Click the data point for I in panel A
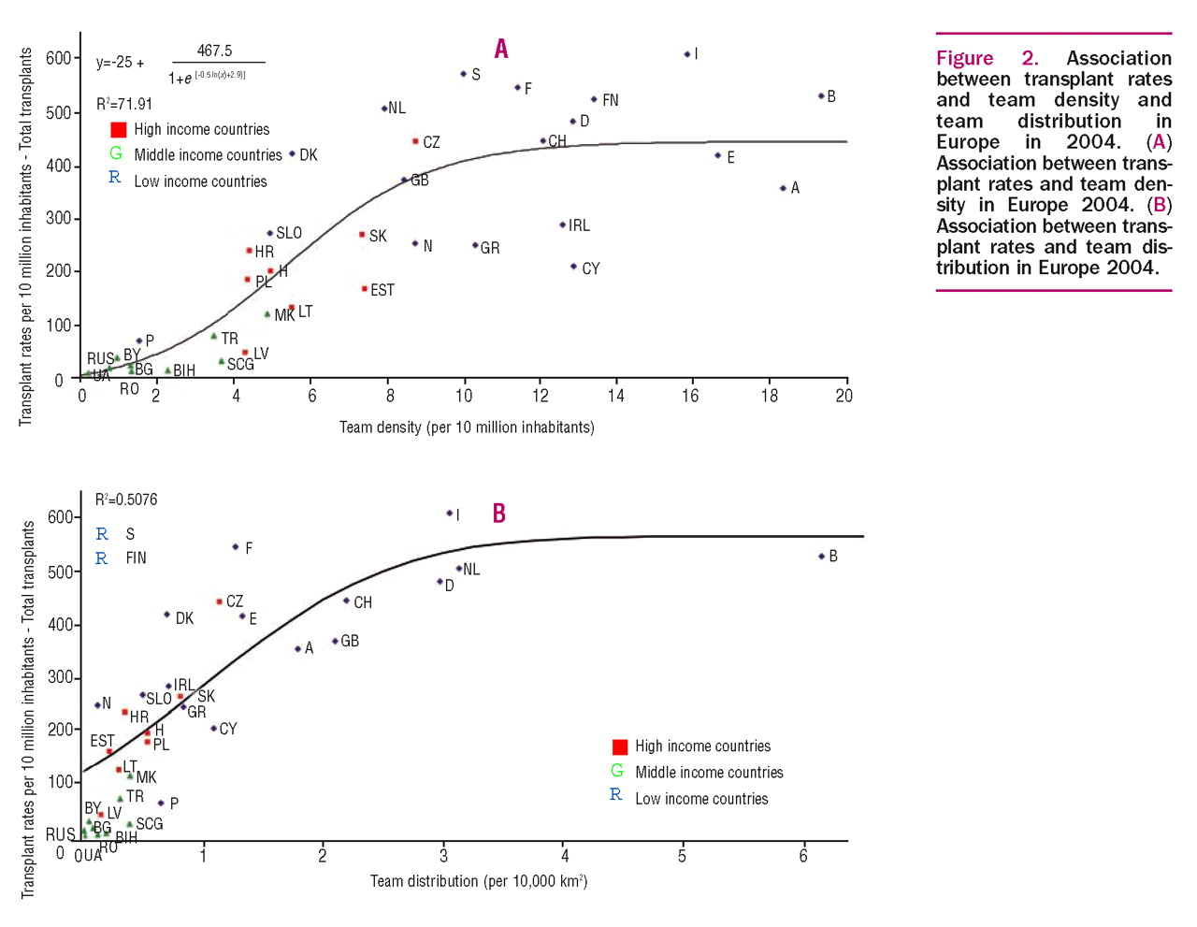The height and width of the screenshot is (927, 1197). point(687,54)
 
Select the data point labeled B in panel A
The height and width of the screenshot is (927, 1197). point(821,96)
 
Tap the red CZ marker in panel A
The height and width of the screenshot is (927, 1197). point(416,141)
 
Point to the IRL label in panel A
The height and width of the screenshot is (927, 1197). point(579,225)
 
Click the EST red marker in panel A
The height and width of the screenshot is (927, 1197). point(365,289)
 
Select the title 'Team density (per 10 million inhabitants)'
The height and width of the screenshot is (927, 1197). point(467,427)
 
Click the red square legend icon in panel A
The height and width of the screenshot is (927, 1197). point(119,130)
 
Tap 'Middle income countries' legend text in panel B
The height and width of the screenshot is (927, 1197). point(709,773)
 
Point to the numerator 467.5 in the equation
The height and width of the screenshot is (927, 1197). point(214,51)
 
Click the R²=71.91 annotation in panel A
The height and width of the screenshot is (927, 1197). point(123,104)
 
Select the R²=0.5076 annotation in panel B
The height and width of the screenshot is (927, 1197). point(126,500)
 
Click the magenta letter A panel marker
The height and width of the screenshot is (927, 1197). point(501,49)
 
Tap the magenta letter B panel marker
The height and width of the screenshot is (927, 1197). point(499,514)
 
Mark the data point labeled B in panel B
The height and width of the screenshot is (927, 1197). point(821,557)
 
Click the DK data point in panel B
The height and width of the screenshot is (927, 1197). point(167,615)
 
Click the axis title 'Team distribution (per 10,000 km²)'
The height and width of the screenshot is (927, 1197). point(478,881)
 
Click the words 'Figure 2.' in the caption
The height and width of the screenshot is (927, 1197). point(987,58)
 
